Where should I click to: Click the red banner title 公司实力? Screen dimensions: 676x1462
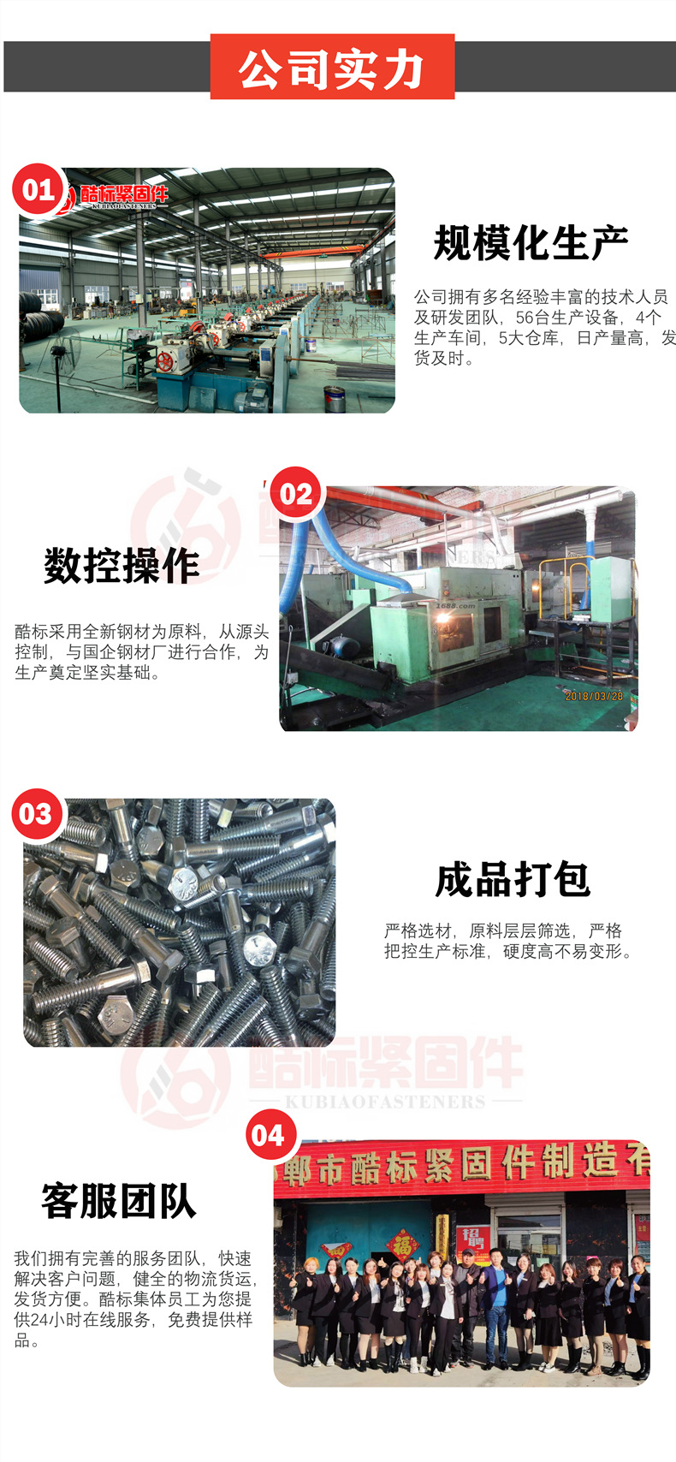point(332,68)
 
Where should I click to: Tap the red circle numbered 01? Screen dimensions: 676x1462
point(39,190)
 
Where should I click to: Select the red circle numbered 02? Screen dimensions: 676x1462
point(296,493)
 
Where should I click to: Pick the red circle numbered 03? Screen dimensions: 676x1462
point(37,814)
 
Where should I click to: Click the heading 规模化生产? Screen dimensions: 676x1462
point(531,243)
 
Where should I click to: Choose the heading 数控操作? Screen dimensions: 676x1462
point(122,566)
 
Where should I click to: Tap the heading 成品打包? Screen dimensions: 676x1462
point(513,880)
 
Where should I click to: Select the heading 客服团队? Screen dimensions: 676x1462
point(119,1202)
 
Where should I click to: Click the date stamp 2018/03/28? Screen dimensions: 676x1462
point(594,697)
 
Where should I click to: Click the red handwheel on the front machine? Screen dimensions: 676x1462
point(164,361)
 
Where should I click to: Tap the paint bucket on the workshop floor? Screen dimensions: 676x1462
point(335,399)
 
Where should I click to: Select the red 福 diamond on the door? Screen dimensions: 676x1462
point(402,1246)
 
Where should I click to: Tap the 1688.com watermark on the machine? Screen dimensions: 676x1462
point(455,606)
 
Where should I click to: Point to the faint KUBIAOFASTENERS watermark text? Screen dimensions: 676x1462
point(385,1102)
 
